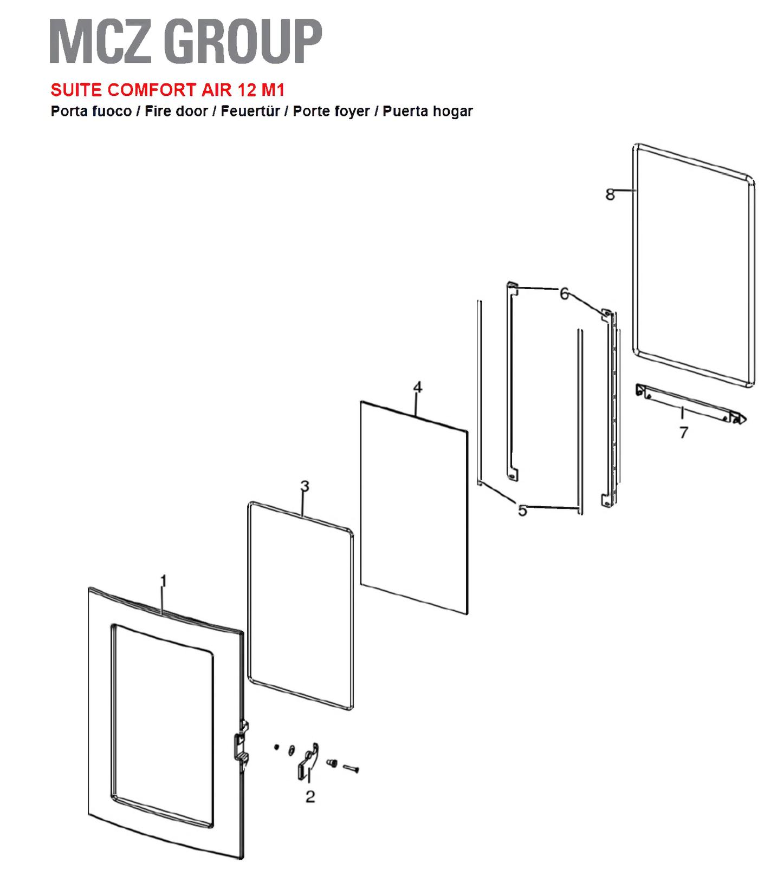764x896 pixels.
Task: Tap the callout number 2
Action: pos(310,796)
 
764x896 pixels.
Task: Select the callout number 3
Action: pos(305,486)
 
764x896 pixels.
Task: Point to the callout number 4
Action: pos(417,387)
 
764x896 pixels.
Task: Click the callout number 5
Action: pos(522,510)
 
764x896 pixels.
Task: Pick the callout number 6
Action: pos(565,294)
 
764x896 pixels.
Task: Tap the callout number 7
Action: pos(683,433)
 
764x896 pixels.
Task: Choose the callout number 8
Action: pos(611,194)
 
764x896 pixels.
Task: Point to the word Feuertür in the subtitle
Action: pos(250,111)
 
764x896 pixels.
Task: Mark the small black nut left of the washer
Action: pos(276,747)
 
